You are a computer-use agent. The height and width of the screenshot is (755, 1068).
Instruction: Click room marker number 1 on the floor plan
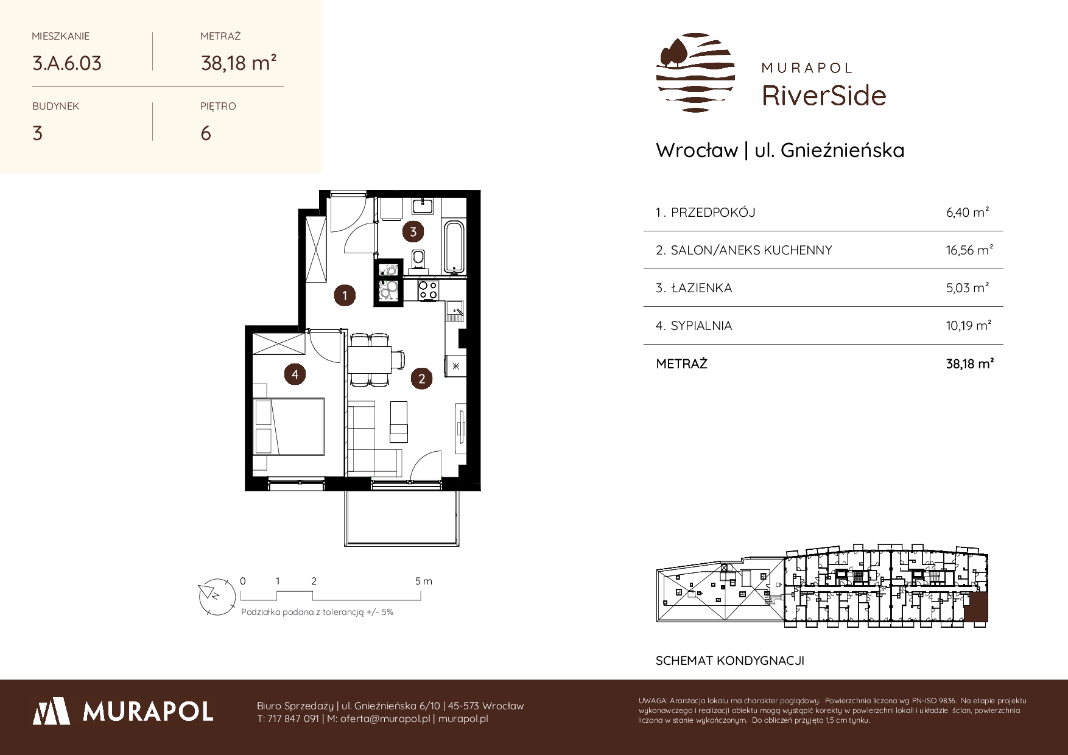[x=345, y=296]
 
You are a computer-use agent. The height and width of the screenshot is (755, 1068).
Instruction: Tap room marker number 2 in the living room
[x=421, y=379]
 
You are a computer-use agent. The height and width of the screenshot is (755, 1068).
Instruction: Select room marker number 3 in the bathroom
[x=413, y=231]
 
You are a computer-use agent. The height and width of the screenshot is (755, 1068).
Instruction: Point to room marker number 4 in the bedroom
[x=295, y=374]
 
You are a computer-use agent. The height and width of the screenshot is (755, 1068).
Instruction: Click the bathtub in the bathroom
[x=453, y=247]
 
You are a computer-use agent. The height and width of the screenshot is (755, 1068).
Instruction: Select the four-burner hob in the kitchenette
[x=427, y=290]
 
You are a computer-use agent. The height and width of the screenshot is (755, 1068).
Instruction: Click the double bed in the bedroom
[x=289, y=426]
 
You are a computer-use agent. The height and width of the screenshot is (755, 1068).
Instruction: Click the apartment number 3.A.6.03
[x=67, y=63]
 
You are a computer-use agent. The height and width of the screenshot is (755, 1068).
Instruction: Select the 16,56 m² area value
[x=969, y=250]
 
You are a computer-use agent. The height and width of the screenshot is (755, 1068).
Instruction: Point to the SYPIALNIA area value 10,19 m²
[x=969, y=325]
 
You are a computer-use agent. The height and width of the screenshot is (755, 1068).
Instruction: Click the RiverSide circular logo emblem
[x=695, y=72]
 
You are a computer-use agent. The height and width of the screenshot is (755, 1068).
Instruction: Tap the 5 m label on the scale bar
[x=423, y=581]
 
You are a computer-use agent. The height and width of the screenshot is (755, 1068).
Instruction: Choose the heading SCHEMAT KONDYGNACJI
[x=730, y=661]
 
